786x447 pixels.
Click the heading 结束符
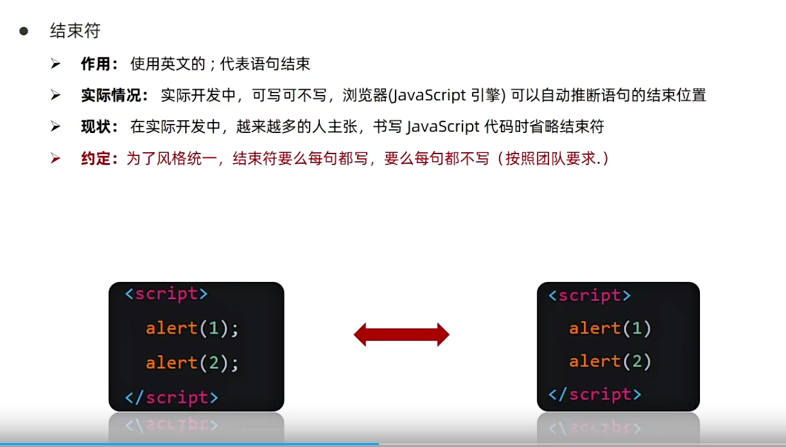click(75, 31)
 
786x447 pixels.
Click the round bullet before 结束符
click(24, 31)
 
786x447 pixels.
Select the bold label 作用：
click(100, 64)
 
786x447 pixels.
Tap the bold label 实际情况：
click(115, 95)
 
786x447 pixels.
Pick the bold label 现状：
click(100, 127)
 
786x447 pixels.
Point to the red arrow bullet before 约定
click(55, 158)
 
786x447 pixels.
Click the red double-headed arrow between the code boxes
click(401, 335)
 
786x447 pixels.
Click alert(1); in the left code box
click(192, 329)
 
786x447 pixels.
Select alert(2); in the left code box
click(192, 364)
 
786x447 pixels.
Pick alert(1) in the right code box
click(610, 329)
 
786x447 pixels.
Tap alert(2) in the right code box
click(610, 362)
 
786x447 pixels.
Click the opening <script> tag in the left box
click(166, 294)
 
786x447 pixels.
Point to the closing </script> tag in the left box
click(171, 398)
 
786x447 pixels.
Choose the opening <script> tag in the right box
click(589, 295)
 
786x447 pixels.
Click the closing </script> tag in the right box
click(595, 394)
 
